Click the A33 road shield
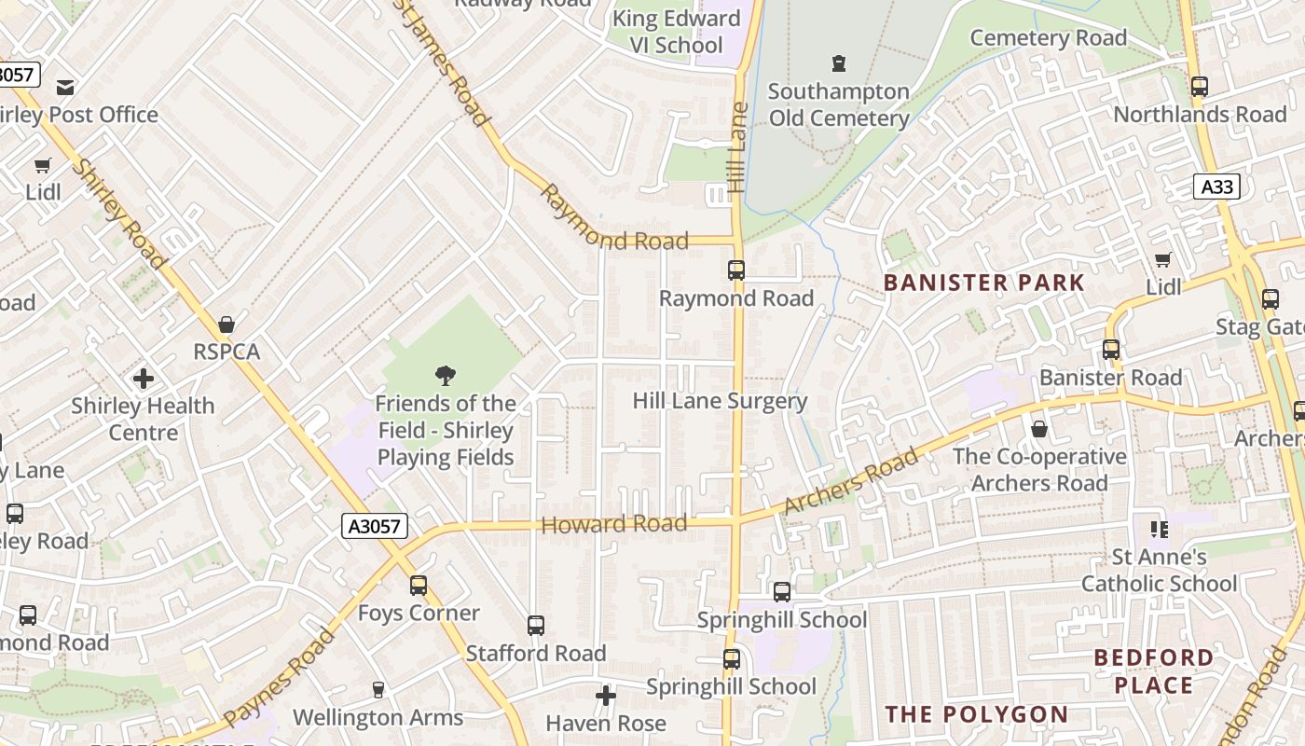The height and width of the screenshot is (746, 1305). [1216, 186]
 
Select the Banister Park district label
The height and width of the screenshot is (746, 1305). [983, 283]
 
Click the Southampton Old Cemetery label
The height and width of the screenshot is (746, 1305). [838, 104]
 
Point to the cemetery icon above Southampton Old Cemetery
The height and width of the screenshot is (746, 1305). [839, 63]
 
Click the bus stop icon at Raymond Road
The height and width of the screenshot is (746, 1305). [736, 270]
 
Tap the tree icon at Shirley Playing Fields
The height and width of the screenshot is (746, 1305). [446, 376]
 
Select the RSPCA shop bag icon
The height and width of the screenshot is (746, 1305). [226, 325]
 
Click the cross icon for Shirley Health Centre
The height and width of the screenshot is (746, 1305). [143, 379]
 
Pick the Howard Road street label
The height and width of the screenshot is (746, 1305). [613, 524]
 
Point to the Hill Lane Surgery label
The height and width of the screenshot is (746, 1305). [720, 401]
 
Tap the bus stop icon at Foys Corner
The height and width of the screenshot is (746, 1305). [419, 586]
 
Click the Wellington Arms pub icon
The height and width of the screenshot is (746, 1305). [378, 690]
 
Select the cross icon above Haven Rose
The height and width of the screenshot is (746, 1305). [606, 696]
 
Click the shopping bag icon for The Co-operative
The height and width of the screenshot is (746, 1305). [1039, 429]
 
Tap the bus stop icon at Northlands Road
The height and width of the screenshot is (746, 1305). [1200, 87]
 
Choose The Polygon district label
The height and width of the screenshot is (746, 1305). [976, 714]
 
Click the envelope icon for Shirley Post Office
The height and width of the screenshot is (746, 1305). [65, 88]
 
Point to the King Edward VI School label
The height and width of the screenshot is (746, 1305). [676, 32]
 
